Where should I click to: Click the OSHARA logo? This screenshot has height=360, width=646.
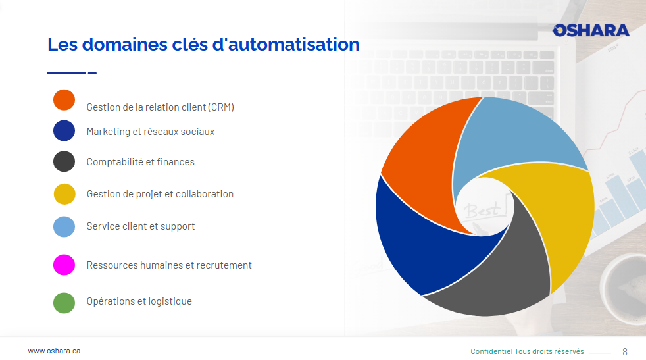(x=591, y=30)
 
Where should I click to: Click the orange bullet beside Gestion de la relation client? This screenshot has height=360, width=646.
(x=64, y=100)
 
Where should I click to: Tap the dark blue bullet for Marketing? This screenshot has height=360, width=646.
(x=64, y=131)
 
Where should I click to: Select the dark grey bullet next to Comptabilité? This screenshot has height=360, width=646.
(x=64, y=161)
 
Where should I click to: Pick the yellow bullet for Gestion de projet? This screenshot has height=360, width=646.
(x=64, y=193)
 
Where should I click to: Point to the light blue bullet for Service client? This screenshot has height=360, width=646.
(x=64, y=226)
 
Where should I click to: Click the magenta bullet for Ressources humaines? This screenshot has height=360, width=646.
(x=64, y=265)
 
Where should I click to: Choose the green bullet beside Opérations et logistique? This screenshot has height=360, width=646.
(x=64, y=303)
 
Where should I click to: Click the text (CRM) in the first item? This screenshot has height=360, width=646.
(x=221, y=107)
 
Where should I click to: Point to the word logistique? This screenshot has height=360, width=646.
(x=170, y=301)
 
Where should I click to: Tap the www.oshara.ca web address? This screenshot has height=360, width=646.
(x=54, y=351)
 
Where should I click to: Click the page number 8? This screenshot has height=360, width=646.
(x=625, y=351)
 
